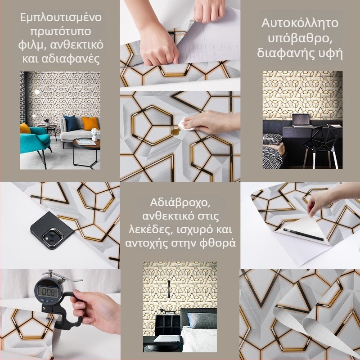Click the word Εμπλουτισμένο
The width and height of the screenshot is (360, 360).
(61, 18)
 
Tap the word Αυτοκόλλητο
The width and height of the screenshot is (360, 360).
(300, 23)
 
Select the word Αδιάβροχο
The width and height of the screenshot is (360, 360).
(180, 203)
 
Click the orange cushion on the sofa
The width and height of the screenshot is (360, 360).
(90, 123)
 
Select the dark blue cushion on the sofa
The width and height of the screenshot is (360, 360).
(71, 123)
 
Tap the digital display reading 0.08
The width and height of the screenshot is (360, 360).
(48, 292)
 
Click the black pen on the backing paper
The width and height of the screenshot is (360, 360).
(303, 234)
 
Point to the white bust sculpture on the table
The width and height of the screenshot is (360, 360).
(94, 134)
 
